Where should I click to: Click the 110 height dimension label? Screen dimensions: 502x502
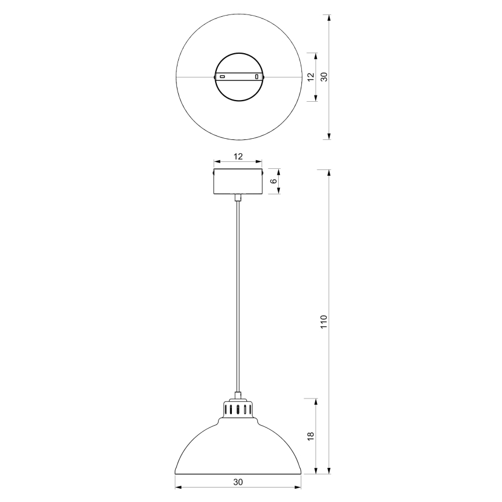coord(324,322)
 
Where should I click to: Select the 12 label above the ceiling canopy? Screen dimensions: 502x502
coord(238,157)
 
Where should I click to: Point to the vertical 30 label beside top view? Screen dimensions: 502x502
coord(324,77)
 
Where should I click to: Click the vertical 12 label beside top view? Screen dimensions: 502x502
coord(311,77)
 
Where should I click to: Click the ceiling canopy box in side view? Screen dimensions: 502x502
coord(238,182)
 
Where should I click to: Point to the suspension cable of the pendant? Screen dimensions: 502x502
coord(238,295)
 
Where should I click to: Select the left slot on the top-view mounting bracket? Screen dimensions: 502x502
coord(222,77)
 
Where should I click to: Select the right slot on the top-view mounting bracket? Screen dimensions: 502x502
coord(256,77)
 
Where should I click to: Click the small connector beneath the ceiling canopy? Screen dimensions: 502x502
coord(238,198)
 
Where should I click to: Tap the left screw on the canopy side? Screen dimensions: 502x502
coord(213,172)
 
